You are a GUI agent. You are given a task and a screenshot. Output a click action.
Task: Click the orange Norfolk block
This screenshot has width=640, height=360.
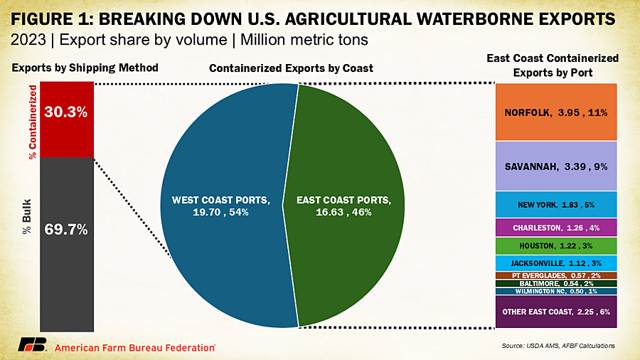tap(556, 112)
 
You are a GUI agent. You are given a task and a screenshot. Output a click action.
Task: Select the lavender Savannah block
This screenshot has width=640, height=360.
tap(556, 166)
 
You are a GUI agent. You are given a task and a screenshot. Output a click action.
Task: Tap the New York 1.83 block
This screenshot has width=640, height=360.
tap(556, 205)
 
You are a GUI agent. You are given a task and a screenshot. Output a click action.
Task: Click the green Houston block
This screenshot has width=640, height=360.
tap(556, 246)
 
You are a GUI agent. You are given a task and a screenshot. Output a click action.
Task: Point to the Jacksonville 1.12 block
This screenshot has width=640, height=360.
tap(556, 263)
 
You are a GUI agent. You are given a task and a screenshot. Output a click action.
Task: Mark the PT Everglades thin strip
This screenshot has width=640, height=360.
tap(556, 275)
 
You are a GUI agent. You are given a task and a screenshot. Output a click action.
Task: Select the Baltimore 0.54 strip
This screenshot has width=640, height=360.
tap(556, 282)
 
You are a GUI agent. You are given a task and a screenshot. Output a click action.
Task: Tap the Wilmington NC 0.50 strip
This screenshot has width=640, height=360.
tap(556, 290)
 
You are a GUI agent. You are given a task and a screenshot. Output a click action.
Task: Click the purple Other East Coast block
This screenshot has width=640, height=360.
tap(556, 312)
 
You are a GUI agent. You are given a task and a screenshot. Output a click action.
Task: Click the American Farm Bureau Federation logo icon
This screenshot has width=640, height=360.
tap(33, 345)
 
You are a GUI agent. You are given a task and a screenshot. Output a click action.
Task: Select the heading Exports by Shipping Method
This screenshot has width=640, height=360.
tap(86, 68)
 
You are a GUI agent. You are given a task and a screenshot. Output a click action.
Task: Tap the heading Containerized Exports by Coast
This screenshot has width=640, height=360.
tap(291, 68)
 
